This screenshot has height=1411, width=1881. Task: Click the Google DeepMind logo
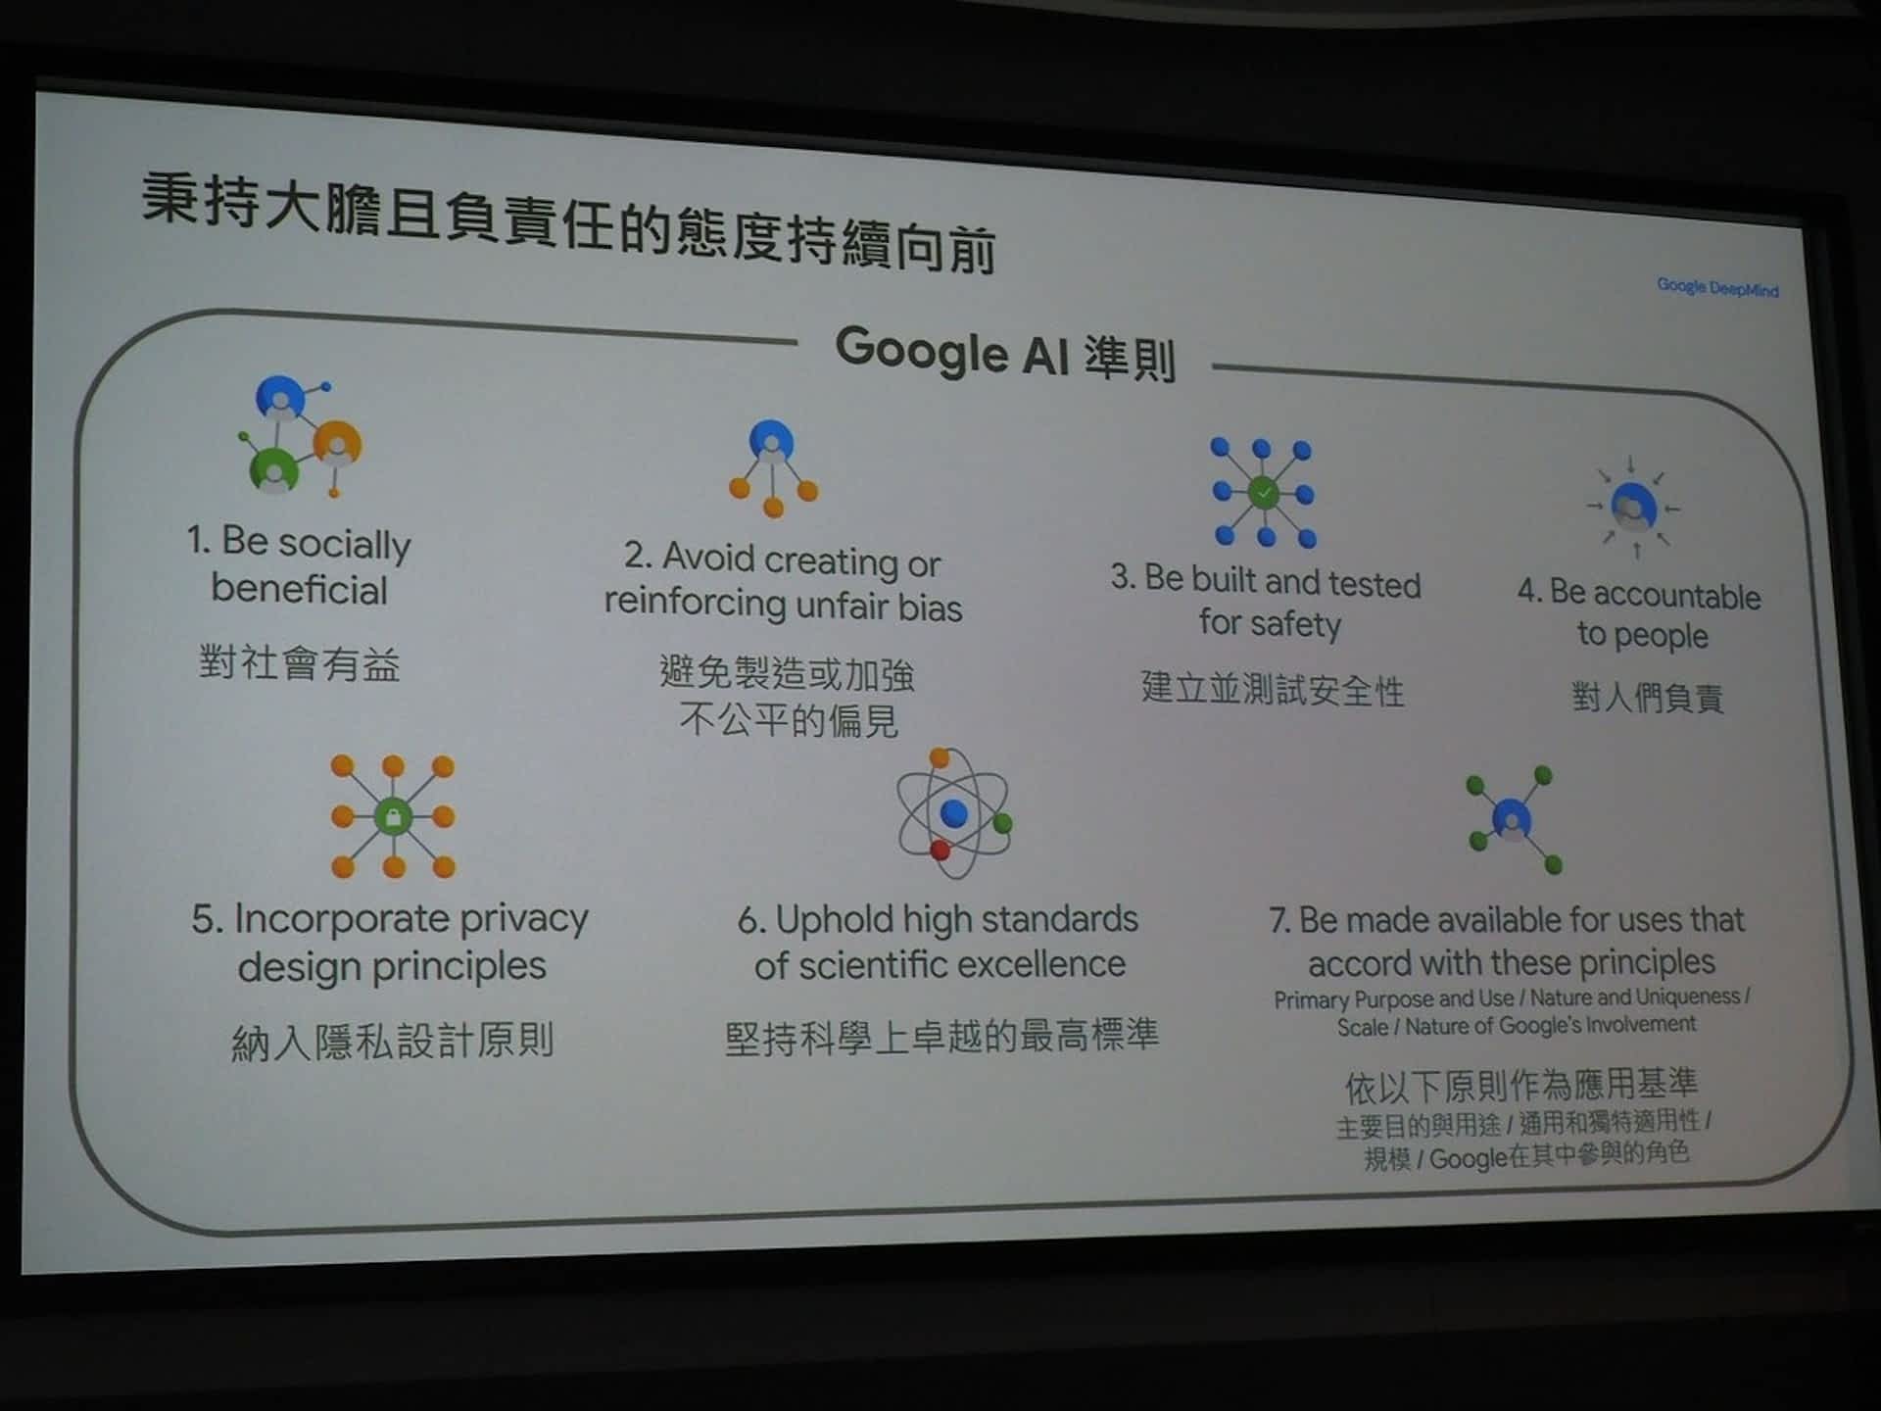pos(1717,288)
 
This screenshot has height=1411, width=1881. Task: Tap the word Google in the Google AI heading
pos(921,352)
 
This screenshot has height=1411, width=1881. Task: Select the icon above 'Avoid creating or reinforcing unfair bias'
pos(773,468)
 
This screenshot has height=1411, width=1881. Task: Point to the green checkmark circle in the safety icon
pos(1264,492)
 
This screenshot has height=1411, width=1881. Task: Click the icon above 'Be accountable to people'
pos(1633,507)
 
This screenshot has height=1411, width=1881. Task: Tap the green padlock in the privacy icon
pos(393,816)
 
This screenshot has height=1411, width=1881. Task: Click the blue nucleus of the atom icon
pos(953,812)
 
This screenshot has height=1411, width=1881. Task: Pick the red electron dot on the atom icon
pos(940,850)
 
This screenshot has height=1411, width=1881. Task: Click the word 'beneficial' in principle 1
pos(300,589)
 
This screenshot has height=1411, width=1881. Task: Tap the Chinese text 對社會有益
pos(300,663)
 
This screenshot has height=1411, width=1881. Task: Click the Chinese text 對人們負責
pos(1648,697)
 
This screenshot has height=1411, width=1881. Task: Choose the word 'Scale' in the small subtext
pos(1362,1028)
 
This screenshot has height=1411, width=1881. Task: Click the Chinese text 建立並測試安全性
pos(1273,689)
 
